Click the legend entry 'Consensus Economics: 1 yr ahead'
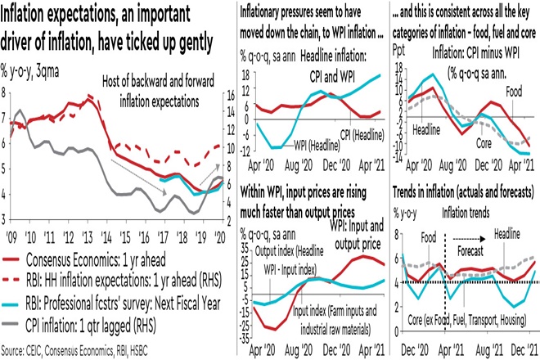pos(114,258)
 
